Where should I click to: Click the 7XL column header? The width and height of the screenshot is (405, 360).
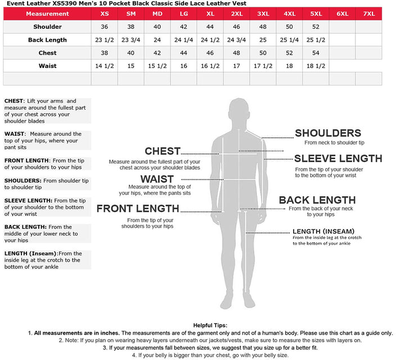point(368,13)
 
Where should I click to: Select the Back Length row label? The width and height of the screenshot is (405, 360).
point(47,40)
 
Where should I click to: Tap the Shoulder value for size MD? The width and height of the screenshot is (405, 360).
point(157,27)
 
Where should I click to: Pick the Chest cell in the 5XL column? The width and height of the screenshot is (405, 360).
point(316,53)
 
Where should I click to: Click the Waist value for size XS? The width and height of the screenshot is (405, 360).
point(105,66)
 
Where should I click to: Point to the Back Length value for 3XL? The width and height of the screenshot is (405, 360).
point(263,40)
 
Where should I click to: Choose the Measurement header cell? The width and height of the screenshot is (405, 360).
point(47,13)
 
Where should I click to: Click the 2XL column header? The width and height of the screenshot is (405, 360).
point(236,13)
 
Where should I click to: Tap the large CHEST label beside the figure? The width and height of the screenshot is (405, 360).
point(163,151)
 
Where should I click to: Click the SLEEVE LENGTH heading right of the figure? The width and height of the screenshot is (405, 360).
point(338,159)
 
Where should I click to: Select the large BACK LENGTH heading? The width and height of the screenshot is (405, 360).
point(317,200)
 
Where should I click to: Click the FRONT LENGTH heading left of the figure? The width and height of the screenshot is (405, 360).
point(138,209)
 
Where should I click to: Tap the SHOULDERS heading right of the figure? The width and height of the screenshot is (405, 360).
point(328,133)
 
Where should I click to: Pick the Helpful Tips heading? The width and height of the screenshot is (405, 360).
point(210,326)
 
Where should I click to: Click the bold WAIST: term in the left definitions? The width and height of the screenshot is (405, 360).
point(15,134)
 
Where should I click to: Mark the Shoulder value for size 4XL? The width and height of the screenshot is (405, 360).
point(289,27)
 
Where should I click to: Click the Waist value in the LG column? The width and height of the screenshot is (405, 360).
point(183,66)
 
